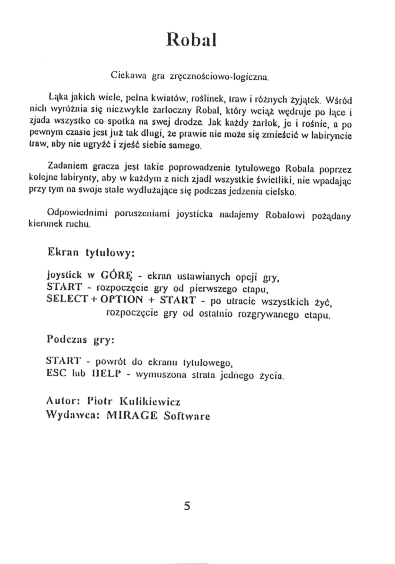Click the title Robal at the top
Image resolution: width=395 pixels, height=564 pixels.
191,40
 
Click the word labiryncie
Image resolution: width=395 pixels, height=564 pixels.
336,135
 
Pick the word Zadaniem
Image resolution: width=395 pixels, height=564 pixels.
67,166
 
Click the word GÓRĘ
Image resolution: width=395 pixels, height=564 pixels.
116,275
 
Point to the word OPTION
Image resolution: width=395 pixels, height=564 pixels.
122,299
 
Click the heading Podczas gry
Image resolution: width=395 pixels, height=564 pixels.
81,340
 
